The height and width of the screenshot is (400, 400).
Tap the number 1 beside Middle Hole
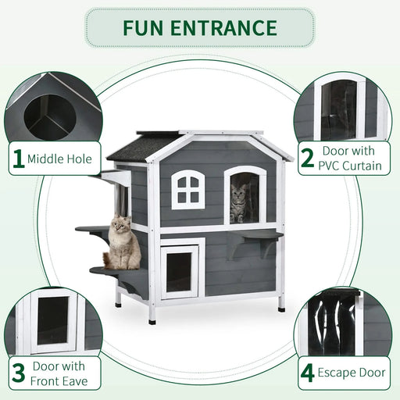[x=18, y=159]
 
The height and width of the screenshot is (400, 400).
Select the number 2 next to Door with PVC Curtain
[x=307, y=159]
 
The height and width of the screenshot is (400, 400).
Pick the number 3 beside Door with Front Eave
[x=17, y=372]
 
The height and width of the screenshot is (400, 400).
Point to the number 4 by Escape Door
[x=307, y=372]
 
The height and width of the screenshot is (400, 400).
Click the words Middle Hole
[x=59, y=159]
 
